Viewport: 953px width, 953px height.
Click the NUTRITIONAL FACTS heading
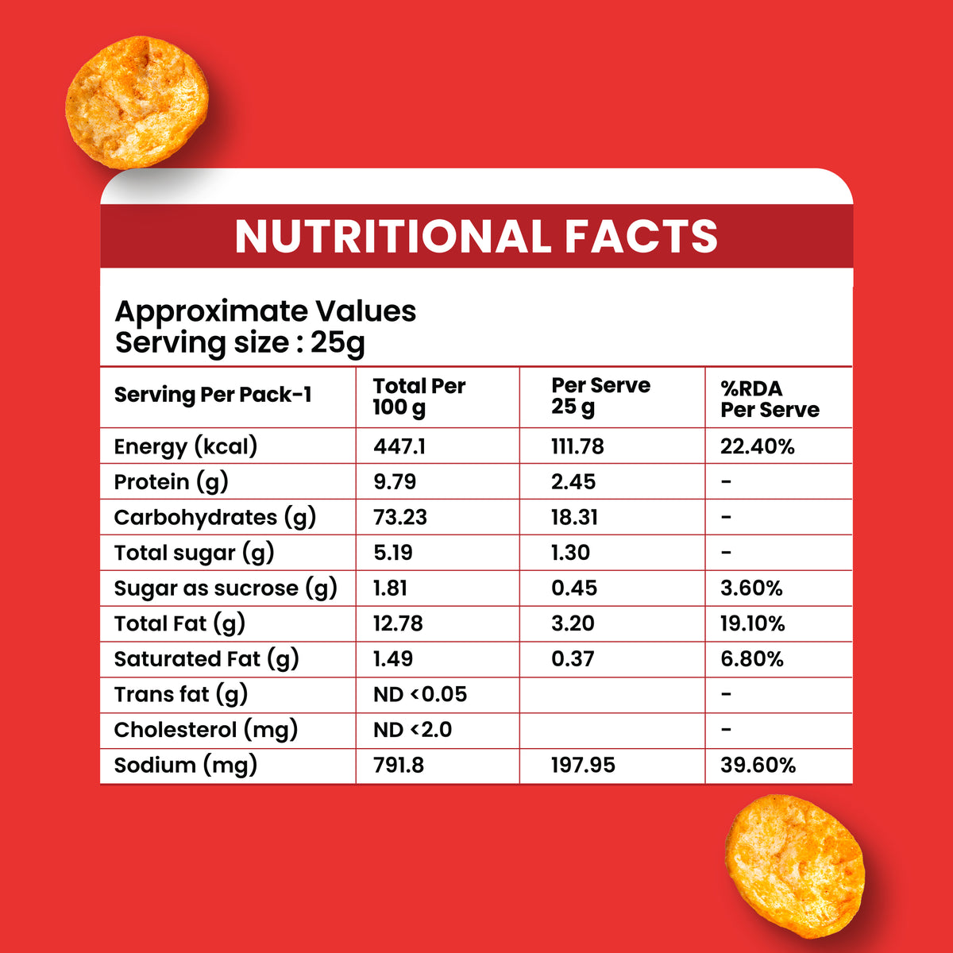tap(476, 237)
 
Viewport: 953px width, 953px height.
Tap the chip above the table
tap(137, 102)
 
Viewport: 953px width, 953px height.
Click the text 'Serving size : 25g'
tap(241, 343)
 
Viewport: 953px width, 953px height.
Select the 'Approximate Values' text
tap(265, 311)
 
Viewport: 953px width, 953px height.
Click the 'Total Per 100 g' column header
tap(419, 396)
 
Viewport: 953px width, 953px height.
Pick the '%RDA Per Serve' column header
tap(770, 399)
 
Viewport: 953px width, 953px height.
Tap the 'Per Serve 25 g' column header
tap(601, 396)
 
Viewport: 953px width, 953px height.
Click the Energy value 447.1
tap(399, 446)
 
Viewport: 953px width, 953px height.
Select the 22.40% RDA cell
tap(757, 446)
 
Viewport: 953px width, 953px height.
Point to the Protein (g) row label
tap(171, 482)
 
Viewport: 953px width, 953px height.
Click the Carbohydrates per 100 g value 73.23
tap(400, 517)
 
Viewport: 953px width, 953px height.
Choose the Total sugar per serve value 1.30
tap(571, 553)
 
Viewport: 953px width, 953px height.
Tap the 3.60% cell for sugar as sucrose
tap(751, 588)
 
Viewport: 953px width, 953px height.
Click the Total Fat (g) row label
tap(179, 624)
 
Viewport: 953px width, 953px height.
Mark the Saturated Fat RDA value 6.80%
tap(752, 658)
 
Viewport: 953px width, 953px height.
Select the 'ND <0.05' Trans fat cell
tap(420, 694)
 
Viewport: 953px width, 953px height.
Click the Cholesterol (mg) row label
tap(206, 731)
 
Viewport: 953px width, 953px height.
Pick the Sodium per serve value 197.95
tap(583, 765)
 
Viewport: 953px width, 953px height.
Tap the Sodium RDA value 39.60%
tap(758, 765)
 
